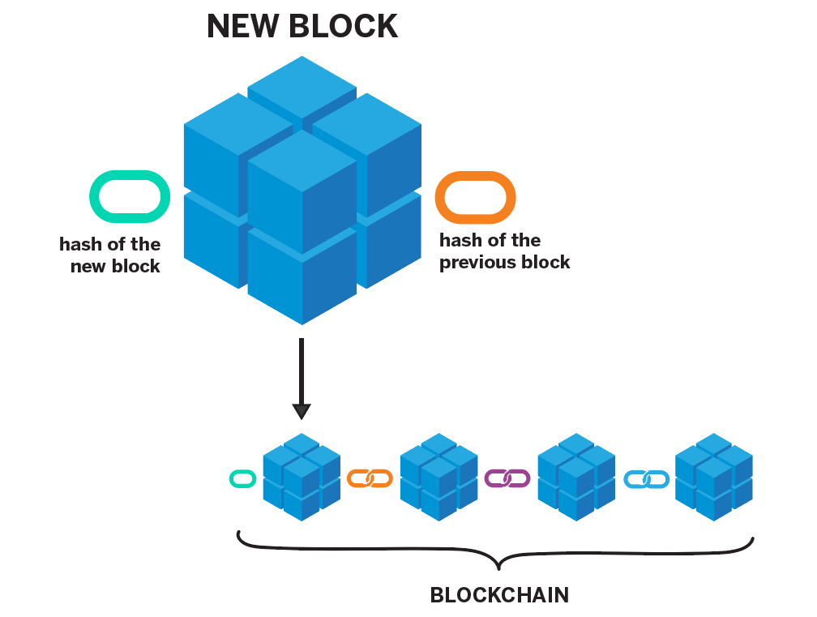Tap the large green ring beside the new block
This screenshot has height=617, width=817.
click(x=130, y=196)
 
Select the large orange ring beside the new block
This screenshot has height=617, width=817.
click(x=475, y=196)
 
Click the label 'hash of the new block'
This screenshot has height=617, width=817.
click(x=110, y=255)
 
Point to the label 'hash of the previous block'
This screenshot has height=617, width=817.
click(x=505, y=251)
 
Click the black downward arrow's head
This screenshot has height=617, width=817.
click(x=302, y=410)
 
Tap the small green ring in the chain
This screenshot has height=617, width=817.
click(x=243, y=479)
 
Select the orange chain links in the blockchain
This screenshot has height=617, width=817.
click(x=370, y=478)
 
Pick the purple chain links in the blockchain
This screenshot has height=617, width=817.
click(x=507, y=478)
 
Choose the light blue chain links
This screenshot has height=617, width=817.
click(x=646, y=479)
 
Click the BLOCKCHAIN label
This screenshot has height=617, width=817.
click(x=499, y=595)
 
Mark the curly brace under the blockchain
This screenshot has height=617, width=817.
click(x=496, y=554)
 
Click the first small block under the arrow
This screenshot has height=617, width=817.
click(x=302, y=478)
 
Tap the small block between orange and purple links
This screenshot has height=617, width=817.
click(x=438, y=478)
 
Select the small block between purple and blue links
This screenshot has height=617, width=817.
click(x=576, y=478)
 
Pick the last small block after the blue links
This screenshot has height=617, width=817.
click(x=714, y=478)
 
